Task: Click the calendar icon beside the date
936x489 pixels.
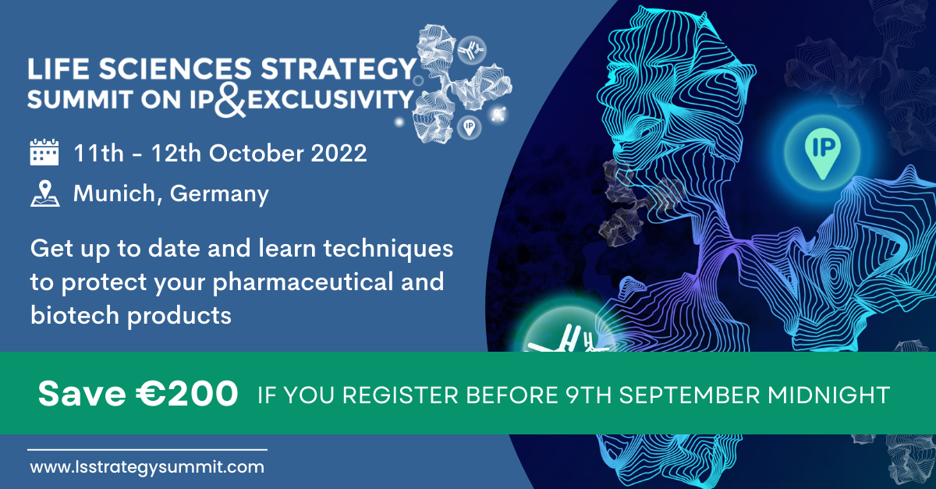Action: pos(44,152)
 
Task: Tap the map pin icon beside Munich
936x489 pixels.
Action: pos(45,193)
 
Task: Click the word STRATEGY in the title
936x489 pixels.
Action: pos(339,69)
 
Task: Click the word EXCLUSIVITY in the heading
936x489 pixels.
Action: pos(330,100)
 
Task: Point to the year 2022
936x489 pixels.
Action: pos(339,153)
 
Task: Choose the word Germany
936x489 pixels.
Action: pos(219,194)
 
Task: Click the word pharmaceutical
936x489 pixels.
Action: pos(303,282)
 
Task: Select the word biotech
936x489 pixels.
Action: pos(75,315)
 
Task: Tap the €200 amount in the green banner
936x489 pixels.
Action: pos(187,394)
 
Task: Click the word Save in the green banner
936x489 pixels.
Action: pos(82,394)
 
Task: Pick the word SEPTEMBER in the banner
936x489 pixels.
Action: pos(690,395)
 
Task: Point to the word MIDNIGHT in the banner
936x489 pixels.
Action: pos(828,395)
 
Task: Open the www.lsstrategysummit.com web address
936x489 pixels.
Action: pos(147,467)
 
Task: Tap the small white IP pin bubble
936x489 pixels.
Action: pos(470,127)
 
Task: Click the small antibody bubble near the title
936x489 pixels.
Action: pos(471,50)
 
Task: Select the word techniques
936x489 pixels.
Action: pos(388,249)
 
